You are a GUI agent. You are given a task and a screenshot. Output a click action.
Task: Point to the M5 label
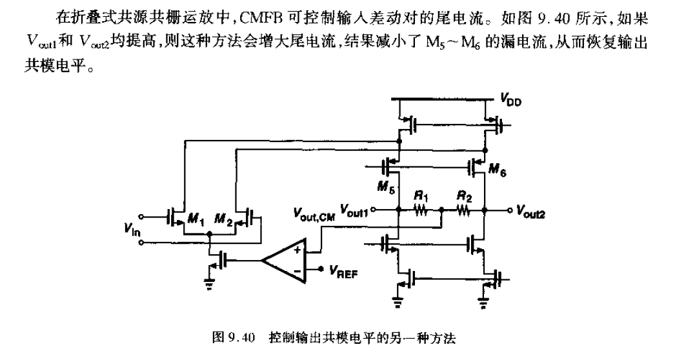[385, 188]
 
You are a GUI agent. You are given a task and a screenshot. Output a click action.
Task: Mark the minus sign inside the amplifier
[297, 271]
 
